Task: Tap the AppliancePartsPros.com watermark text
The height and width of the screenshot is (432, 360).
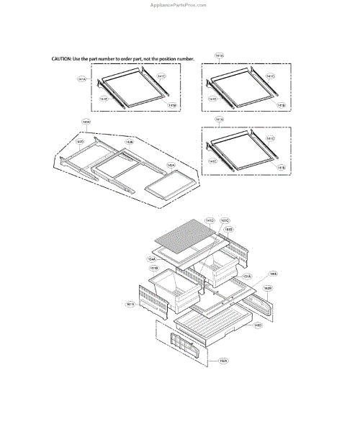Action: [x=180, y=4]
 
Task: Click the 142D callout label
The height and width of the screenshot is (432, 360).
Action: [x=81, y=143]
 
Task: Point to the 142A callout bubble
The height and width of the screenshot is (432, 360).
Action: [x=171, y=165]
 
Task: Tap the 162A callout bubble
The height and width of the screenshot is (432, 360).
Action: [x=223, y=361]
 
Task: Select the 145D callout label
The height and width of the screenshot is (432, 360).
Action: [x=257, y=324]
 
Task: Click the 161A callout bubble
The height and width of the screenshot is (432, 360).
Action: [x=130, y=305]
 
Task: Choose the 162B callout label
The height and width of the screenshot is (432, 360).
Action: [x=267, y=288]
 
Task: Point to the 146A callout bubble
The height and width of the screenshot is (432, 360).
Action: [x=273, y=274]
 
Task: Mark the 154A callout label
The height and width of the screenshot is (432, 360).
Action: [x=152, y=258]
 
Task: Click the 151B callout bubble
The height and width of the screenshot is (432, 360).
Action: [x=154, y=269]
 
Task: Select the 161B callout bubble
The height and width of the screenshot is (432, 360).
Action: [x=228, y=229]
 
